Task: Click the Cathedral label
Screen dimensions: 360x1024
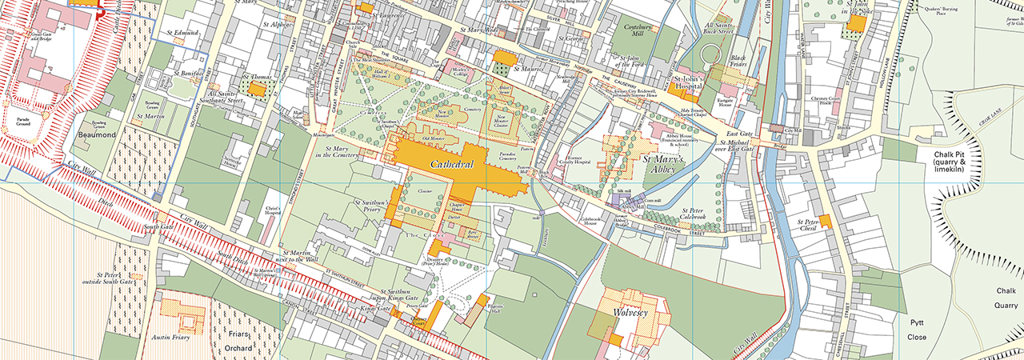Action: pyautogui.click(x=453, y=165)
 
